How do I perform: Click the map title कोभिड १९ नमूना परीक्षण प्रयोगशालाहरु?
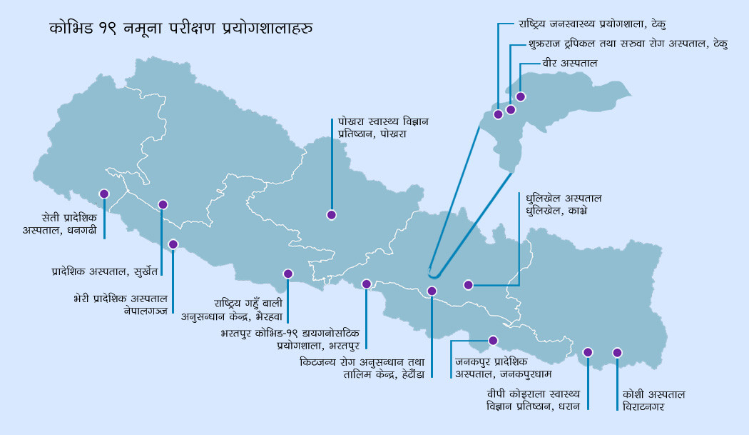[x=182, y=29]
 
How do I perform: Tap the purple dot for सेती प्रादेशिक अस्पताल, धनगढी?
[x=104, y=194]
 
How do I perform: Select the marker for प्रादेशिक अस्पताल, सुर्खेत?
[x=163, y=204]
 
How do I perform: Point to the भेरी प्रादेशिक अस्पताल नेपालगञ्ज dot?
[x=173, y=244]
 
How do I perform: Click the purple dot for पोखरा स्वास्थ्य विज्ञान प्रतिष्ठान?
[x=331, y=214]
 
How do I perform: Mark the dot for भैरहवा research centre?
[x=288, y=274]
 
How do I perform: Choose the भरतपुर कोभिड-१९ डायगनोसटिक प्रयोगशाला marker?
[x=367, y=284]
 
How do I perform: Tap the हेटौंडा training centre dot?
[x=432, y=291]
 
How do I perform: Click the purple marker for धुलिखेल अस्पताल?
[x=468, y=284]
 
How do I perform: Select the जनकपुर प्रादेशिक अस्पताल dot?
[x=492, y=340]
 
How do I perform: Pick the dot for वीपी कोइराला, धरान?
[x=588, y=352]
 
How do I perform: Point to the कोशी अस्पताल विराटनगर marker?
[x=617, y=353]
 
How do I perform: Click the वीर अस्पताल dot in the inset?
[x=521, y=96]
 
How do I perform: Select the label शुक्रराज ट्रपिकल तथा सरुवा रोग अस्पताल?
[x=628, y=44]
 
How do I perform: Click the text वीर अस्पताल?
[x=569, y=64]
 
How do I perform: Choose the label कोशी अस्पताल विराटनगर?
[x=653, y=400]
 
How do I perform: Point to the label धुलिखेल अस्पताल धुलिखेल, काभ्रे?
[x=564, y=204]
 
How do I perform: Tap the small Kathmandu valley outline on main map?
[x=432, y=272]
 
